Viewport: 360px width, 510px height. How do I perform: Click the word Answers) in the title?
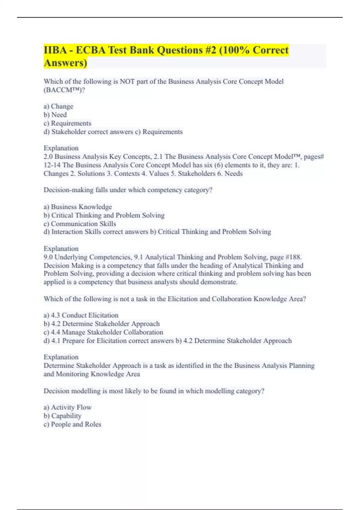pos(65,63)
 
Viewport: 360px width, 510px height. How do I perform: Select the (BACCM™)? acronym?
pos(64,90)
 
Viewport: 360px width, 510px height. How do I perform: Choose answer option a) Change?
pos(58,106)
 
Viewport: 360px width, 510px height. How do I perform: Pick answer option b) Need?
pos(55,115)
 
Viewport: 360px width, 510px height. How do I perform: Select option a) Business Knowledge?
pos(78,207)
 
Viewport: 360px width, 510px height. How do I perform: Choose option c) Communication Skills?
pos(80,223)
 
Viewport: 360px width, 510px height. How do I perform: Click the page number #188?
pos(293,257)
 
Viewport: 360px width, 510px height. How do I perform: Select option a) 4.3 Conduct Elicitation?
pos(81,315)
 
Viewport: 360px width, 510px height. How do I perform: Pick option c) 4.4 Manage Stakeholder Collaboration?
pos(103,332)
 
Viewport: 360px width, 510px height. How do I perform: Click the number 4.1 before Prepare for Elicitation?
pos(56,340)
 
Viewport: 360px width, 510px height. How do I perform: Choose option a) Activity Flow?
pos(67,407)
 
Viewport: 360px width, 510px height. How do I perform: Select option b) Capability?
pos(62,415)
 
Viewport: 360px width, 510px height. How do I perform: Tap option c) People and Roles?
pos(72,424)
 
